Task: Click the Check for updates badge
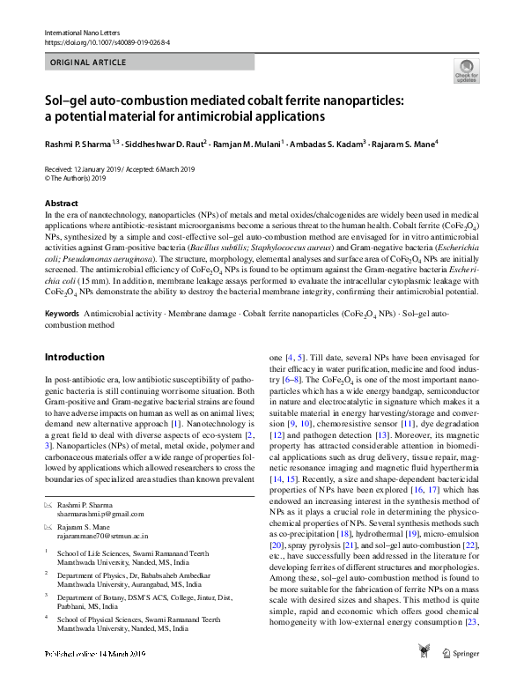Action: (x=465, y=70)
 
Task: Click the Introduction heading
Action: (x=75, y=358)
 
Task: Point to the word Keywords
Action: (x=63, y=313)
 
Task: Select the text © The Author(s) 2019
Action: (x=77, y=177)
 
